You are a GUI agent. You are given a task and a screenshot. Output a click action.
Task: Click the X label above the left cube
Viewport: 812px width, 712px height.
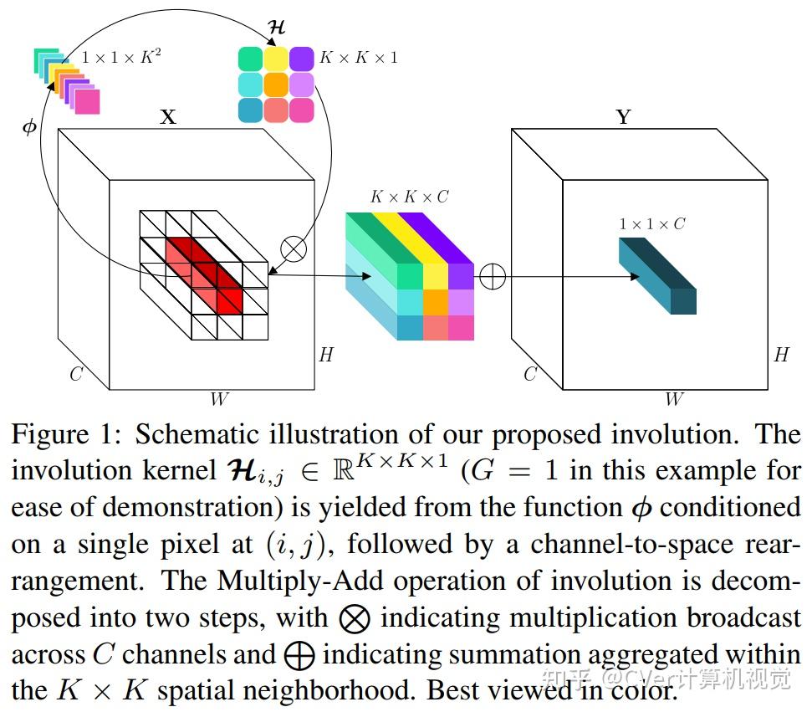168,117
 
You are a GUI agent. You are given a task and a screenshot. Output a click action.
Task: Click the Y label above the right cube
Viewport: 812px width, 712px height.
623,117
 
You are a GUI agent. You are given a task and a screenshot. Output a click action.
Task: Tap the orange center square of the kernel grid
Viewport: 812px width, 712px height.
276,85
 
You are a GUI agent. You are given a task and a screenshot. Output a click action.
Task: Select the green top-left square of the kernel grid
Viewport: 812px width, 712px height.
251,59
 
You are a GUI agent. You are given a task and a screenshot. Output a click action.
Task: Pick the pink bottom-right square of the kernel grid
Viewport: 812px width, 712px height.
301,110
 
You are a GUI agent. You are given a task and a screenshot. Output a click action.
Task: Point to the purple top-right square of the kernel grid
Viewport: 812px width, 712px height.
301,59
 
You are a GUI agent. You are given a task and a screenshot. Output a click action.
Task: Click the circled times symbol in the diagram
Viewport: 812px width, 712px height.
294,248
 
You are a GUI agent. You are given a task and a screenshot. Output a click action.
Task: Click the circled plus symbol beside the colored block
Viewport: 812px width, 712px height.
493,276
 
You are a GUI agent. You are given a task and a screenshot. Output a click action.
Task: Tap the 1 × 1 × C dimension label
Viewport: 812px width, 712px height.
651,224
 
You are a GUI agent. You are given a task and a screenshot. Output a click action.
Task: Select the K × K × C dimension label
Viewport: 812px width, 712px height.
410,197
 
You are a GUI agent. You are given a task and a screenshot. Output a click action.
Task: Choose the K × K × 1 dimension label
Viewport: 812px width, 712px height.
359,58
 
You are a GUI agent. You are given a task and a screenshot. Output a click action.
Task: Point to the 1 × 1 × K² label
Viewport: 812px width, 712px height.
121,57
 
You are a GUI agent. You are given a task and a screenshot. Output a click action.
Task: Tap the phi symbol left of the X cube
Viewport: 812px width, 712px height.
29,127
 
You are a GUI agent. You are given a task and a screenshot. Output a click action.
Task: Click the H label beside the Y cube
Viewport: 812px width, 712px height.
781,355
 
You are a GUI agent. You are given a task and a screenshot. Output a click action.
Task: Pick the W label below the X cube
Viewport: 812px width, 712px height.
218,400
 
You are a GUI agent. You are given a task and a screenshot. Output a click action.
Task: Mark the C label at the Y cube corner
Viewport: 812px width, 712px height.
530,374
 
